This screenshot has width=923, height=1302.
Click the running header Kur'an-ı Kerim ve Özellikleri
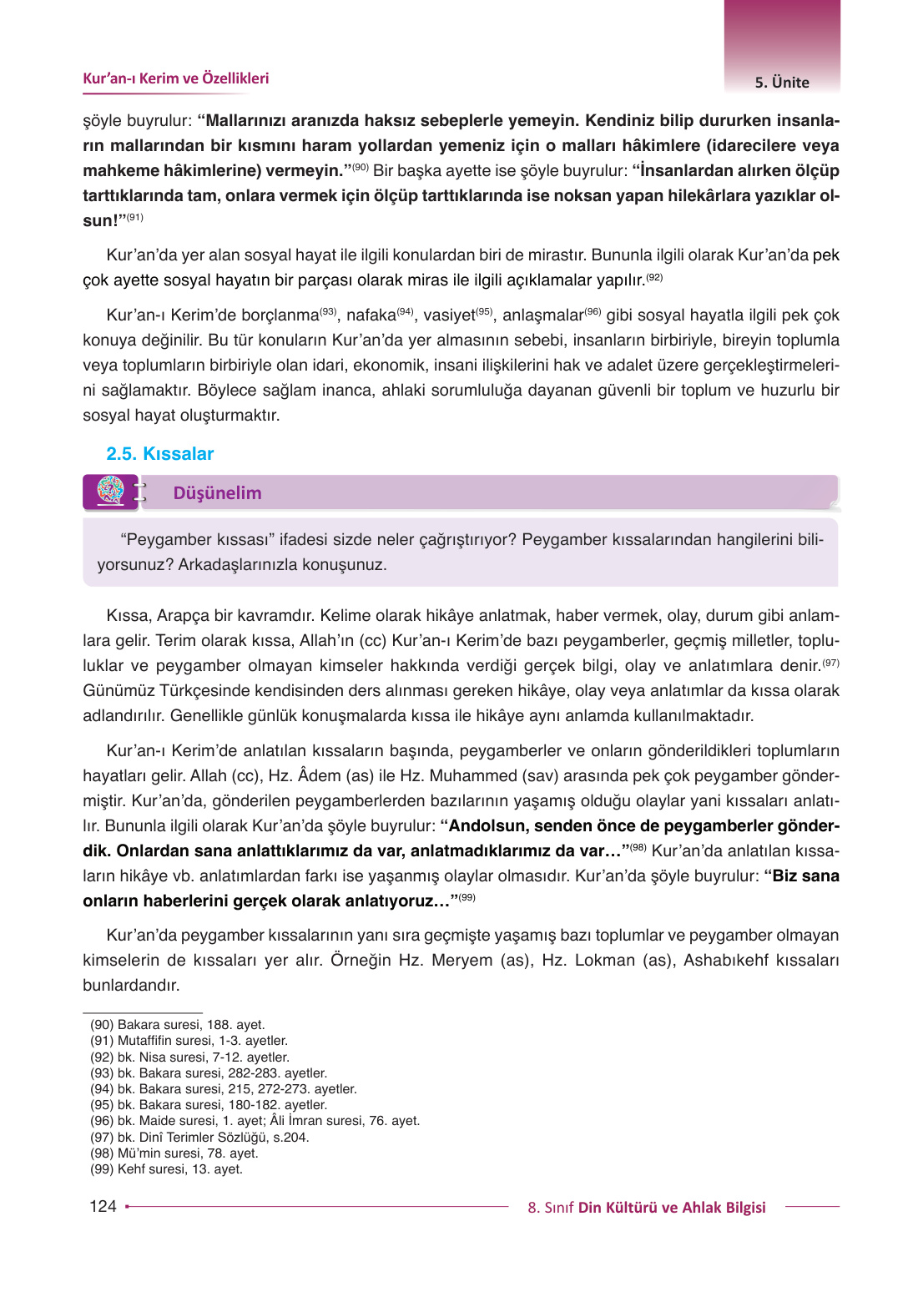point(175,78)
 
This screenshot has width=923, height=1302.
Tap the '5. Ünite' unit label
point(782,83)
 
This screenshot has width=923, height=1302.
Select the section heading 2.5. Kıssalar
point(160,454)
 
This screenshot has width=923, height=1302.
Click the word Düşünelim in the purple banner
point(217,493)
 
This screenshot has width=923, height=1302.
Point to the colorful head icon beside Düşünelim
point(110,491)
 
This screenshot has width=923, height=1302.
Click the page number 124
point(103,1206)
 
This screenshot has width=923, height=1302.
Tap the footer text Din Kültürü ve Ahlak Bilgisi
point(672,1208)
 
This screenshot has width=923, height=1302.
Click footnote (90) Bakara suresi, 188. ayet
point(178,1025)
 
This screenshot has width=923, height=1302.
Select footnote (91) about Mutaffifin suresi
point(189,1041)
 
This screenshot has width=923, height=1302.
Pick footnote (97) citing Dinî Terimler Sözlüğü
point(200,1138)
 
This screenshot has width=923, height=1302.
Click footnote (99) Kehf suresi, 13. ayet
point(167,1169)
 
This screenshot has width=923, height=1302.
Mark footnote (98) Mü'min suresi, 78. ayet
point(174,1153)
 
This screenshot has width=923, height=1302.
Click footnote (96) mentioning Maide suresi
point(255,1121)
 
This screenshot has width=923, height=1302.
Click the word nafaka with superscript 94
point(371,315)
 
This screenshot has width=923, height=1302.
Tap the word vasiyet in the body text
point(449,315)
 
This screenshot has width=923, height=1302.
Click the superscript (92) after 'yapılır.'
point(655,277)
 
